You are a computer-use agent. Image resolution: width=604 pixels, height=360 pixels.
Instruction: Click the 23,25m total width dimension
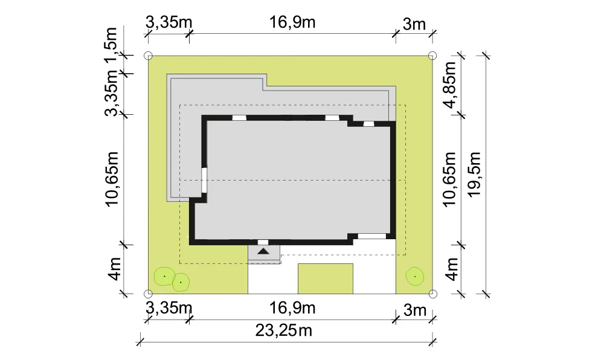click(283, 330)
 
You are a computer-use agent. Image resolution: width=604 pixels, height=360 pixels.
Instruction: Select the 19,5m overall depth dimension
click(474, 174)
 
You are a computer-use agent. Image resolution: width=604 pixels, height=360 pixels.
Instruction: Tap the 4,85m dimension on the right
click(449, 85)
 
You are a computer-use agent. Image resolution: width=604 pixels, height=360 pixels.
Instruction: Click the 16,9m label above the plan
click(292, 22)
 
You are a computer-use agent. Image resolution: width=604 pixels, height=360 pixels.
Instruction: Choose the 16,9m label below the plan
click(292, 308)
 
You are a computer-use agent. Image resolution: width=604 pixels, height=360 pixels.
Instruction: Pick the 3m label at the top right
click(414, 24)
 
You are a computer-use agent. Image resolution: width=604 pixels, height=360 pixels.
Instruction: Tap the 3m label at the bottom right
click(415, 310)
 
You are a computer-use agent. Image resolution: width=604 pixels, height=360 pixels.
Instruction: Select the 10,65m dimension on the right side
click(449, 179)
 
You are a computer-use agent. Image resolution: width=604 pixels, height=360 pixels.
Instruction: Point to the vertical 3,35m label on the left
click(111, 93)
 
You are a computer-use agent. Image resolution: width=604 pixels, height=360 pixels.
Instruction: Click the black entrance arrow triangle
click(263, 251)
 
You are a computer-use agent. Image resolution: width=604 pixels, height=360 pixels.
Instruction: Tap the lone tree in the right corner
click(415, 277)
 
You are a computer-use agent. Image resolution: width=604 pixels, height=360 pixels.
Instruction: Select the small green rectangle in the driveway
click(326, 279)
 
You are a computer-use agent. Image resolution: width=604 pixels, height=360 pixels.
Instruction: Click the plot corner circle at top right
click(432, 56)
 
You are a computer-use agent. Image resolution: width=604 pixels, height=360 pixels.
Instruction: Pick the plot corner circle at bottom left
click(148, 294)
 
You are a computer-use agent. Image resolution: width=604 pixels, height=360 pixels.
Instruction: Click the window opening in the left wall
click(205, 180)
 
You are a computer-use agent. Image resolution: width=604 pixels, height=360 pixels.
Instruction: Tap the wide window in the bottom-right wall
click(372, 236)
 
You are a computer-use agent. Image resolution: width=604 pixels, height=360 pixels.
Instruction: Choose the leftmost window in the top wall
click(239, 118)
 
